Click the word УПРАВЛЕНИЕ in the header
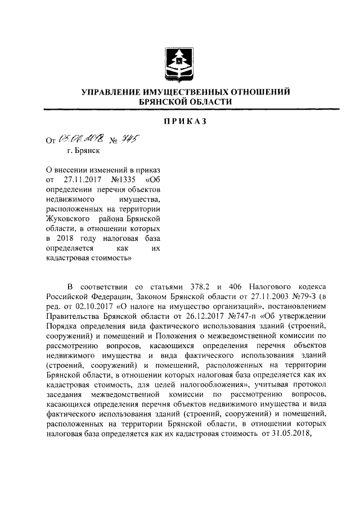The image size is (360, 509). (116, 92)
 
